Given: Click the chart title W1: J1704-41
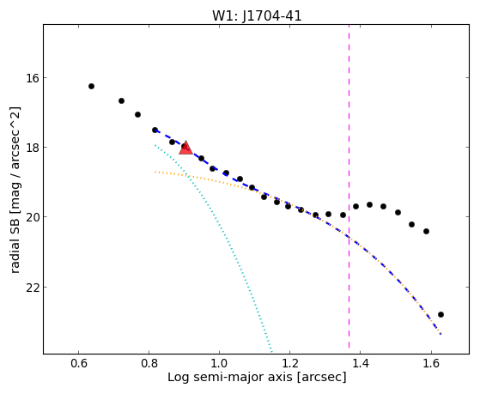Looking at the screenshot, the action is point(257,16).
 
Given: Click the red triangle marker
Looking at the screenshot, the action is point(185,148).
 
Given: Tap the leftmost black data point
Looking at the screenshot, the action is point(91,87).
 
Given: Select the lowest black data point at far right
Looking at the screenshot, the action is point(441,315).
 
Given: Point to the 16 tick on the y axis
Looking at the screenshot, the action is point(31,78).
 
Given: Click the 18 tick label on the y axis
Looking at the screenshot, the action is point(31,148).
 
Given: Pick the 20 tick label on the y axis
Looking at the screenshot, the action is point(32,217).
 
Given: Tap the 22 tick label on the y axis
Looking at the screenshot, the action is point(32,288).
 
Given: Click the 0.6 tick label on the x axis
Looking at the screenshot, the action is point(78,364).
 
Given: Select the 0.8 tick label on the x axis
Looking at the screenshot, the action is point(149,364).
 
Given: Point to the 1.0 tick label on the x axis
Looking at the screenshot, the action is point(219,364).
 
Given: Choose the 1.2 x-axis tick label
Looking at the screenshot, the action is point(290,364).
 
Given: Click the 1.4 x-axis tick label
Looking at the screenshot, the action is point(361,364).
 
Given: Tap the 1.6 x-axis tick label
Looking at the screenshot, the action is point(431,364).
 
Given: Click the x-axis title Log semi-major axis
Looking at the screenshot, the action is point(230,378).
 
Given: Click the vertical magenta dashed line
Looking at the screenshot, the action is point(349,189).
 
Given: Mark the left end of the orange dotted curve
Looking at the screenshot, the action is point(155,172).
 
